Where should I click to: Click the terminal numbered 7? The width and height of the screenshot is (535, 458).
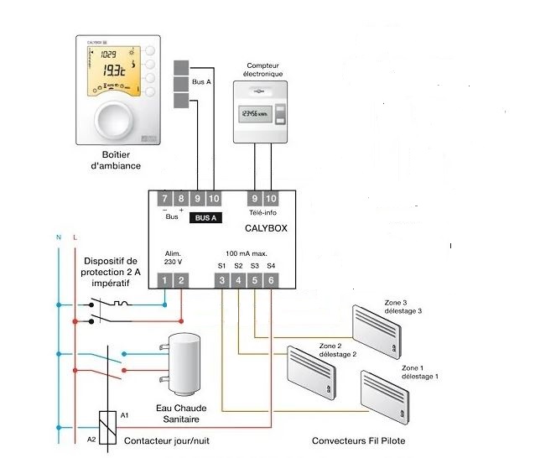[165, 198]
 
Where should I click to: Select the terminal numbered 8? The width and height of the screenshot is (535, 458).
[181, 198]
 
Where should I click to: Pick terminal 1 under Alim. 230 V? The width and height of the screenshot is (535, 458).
[165, 280]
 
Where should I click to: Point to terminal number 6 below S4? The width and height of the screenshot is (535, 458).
[271, 280]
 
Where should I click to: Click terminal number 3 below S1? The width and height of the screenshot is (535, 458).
[222, 280]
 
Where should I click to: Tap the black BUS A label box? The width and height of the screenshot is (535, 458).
[206, 217]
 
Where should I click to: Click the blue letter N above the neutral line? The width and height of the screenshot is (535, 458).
[58, 239]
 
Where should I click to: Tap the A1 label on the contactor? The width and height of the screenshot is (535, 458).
[125, 415]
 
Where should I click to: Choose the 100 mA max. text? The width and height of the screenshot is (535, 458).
[247, 252]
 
